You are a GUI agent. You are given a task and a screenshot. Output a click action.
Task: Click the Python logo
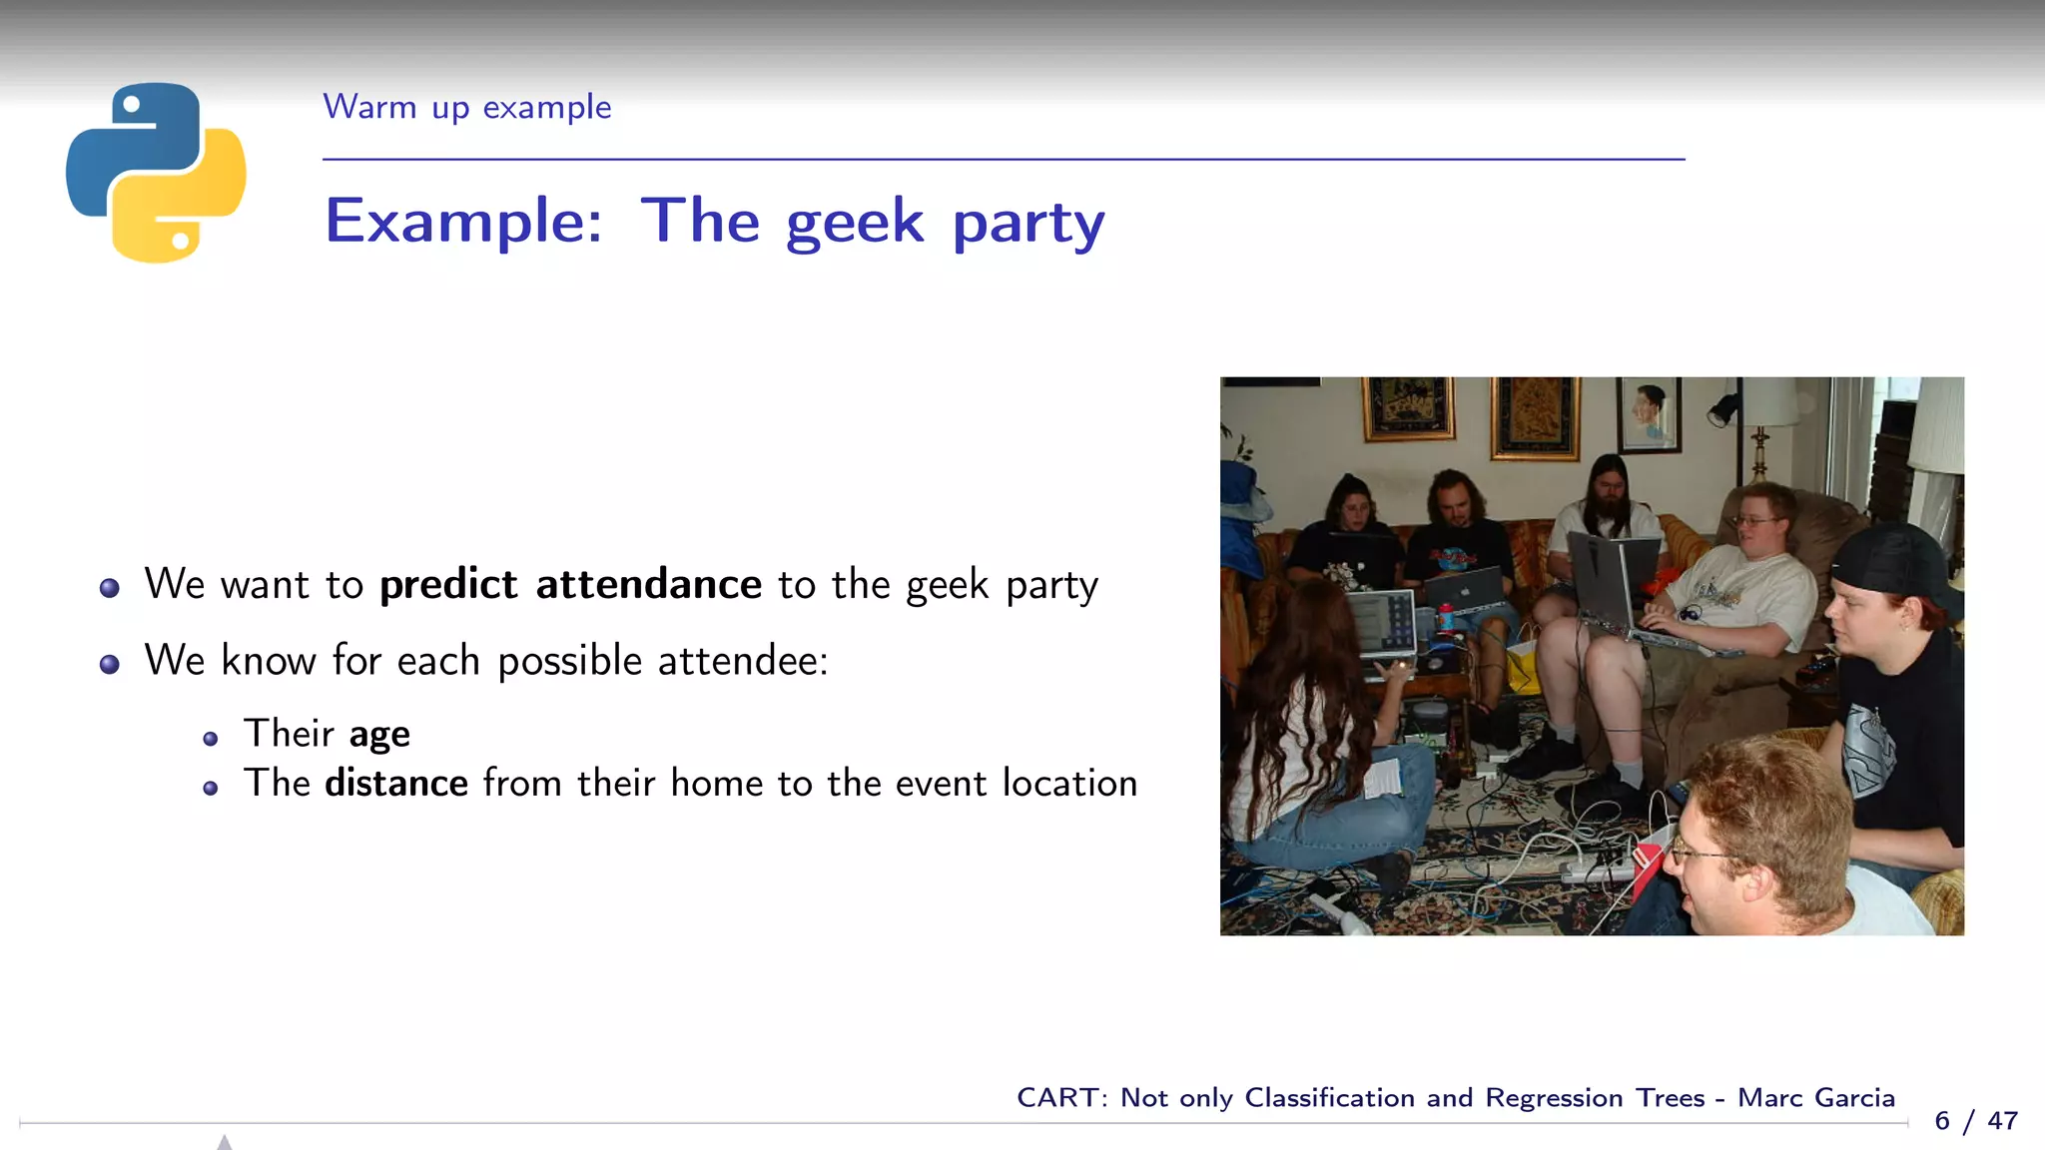pos(156,173)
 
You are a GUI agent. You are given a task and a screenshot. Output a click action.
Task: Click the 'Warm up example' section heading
pos(466,107)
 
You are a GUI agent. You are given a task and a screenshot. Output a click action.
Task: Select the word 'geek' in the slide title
pos(855,222)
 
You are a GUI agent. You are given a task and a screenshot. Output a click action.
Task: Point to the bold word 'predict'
pos(448,584)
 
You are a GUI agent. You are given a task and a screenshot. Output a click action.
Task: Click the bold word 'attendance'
pos(649,584)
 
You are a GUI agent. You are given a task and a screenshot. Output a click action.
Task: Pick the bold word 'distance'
pos(396,784)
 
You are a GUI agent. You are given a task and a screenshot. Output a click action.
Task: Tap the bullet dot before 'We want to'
pos(110,588)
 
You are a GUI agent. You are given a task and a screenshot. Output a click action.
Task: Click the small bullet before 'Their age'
pos(210,740)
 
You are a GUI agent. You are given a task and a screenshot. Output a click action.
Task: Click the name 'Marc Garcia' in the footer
pos(1815,1098)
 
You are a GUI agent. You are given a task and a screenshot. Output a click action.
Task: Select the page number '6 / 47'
pos(1976,1121)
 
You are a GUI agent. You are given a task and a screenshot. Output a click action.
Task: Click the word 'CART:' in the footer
pos(1061,1098)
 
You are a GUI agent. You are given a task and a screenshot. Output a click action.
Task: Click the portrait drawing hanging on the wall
pos(1649,413)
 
